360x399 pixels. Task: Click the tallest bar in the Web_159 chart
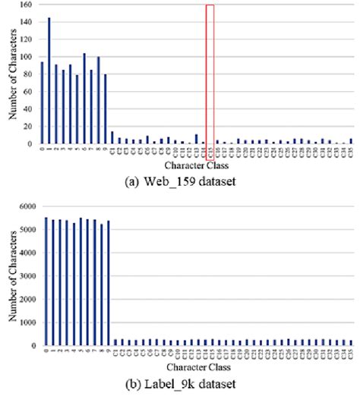49,80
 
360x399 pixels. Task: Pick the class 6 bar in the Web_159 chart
84,99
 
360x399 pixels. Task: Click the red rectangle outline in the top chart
210,72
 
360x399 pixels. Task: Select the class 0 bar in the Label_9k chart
46,281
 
